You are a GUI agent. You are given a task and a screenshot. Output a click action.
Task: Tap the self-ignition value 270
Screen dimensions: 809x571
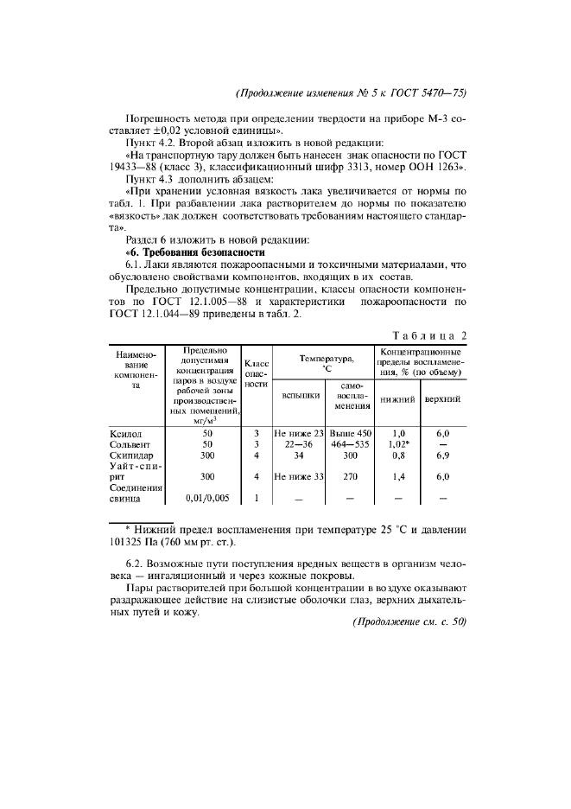click(349, 475)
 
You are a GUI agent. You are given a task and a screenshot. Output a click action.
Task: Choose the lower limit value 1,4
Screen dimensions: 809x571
click(398, 475)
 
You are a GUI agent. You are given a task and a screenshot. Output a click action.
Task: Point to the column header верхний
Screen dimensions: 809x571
click(443, 399)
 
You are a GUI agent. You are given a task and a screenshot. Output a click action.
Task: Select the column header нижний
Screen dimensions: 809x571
click(398, 399)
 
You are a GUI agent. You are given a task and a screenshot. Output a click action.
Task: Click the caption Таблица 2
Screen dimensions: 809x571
click(429, 335)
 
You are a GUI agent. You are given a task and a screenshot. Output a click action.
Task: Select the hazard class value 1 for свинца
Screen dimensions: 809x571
click(257, 498)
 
